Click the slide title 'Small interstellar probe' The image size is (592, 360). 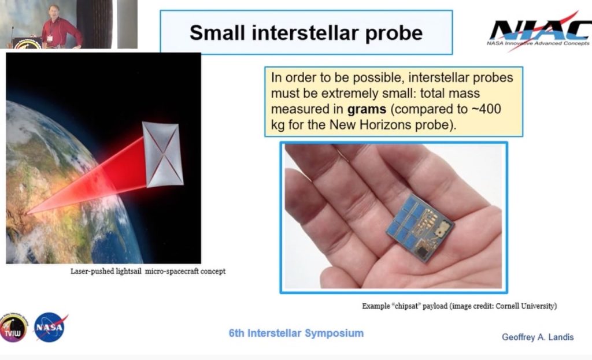tap(306, 32)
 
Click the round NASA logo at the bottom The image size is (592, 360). tap(50, 326)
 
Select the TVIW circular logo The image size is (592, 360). tap(13, 328)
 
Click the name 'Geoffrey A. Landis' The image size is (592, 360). tap(537, 337)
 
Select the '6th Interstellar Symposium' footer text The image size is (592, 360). tap(296, 333)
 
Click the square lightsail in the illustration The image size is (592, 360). tap(162, 154)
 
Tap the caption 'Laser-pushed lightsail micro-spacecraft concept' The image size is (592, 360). tap(147, 271)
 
